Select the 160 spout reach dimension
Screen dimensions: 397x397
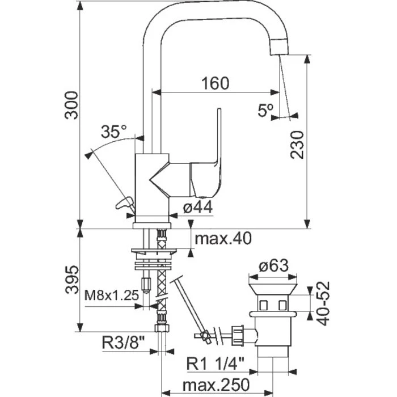[215, 83]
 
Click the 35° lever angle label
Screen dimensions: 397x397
[113, 132]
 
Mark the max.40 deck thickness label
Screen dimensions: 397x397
[222, 238]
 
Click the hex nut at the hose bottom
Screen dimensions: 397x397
[161, 330]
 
